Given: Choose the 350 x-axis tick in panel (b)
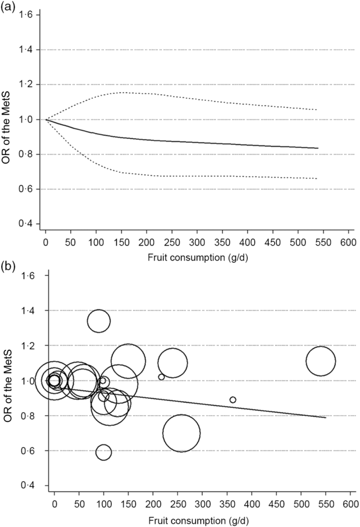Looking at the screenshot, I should [x=227, y=501].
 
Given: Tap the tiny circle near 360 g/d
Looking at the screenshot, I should [x=233, y=399].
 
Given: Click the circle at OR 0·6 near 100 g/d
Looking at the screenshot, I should [x=103, y=452].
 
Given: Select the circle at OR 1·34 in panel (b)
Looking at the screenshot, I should [x=99, y=321].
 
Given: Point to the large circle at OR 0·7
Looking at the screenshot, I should [x=181, y=433].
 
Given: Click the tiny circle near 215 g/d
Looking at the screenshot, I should [x=161, y=377].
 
